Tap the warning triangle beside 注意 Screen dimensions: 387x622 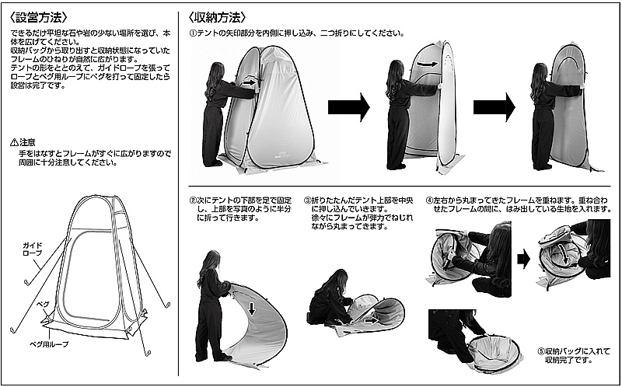coord(15,143)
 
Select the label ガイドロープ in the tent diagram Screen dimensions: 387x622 coord(33,249)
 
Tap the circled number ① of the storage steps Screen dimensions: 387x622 coord(194,33)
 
